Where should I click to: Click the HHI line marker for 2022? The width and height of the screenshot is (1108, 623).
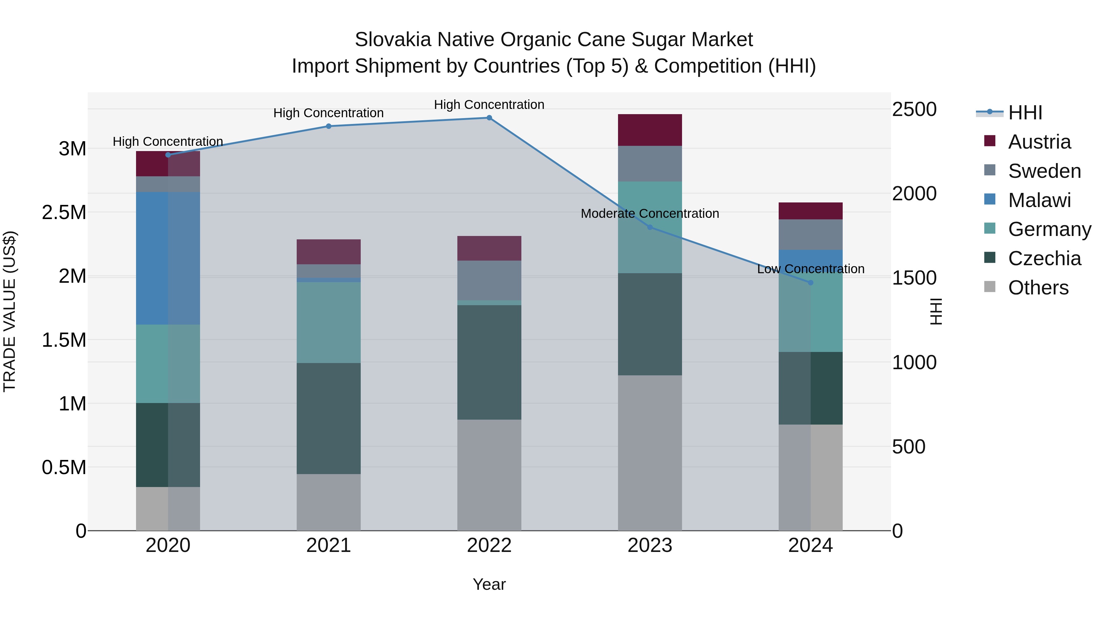489,118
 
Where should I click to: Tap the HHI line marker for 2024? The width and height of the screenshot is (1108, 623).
810,282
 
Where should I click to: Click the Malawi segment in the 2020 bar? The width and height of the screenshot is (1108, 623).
168,258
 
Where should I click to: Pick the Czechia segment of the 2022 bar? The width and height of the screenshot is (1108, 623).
489,362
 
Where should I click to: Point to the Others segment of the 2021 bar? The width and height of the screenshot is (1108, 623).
329,502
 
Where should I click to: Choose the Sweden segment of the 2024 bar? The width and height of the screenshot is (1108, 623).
810,234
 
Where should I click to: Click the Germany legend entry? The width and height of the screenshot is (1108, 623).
1049,229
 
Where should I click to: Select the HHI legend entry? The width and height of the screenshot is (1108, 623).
1025,113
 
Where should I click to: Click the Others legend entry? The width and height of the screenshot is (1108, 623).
1038,288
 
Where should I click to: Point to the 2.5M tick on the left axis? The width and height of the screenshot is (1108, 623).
64,212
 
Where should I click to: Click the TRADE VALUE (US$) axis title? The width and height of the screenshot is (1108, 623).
10,311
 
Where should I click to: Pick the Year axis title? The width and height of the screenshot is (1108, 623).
489,584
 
